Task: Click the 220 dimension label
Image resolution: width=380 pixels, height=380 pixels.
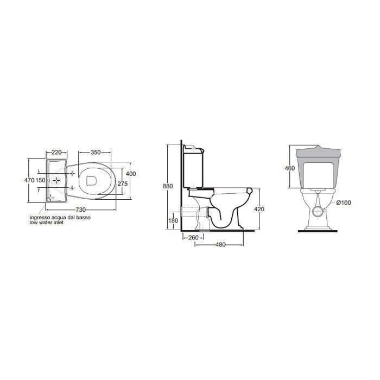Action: click(56, 153)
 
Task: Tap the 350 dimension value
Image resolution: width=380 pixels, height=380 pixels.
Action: click(96, 153)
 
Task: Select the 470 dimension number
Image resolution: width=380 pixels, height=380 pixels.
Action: click(29, 180)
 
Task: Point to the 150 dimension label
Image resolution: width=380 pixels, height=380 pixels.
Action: click(41, 180)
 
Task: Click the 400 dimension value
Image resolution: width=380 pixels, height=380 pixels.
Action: click(131, 174)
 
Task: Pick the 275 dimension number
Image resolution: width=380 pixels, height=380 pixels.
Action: click(123, 183)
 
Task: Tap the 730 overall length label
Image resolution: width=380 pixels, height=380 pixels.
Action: click(81, 210)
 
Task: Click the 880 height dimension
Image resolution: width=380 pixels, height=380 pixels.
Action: click(168, 186)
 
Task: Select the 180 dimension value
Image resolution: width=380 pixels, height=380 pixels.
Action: click(173, 220)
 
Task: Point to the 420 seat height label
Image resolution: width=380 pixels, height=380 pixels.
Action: click(259, 209)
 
